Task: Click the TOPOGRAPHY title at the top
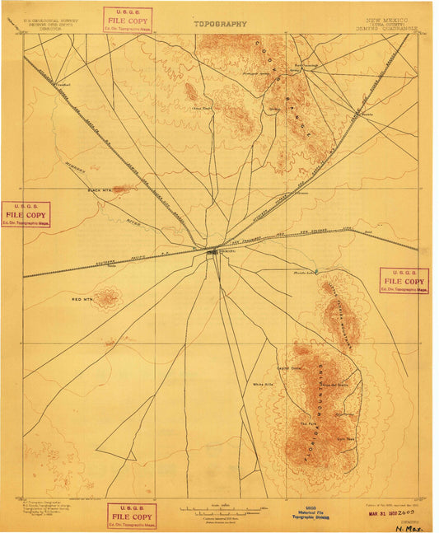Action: [x=220, y=24]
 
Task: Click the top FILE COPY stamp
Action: [x=126, y=20]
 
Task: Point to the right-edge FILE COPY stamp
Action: [x=404, y=280]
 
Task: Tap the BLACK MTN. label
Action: [x=100, y=189]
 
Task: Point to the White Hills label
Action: [x=263, y=385]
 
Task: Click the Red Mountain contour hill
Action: [x=107, y=297]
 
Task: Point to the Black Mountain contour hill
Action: [x=123, y=189]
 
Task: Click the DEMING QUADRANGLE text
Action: [x=392, y=27]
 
